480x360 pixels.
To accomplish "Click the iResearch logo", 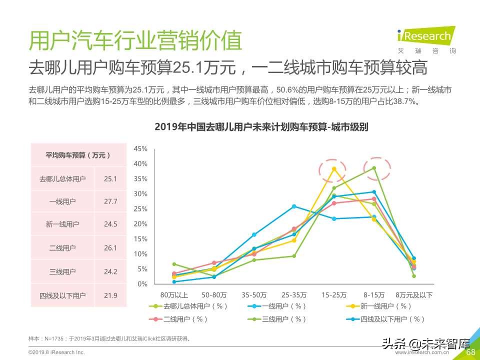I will pyautogui.click(x=425, y=36).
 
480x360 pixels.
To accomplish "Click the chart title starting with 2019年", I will pyautogui.click(x=261, y=126).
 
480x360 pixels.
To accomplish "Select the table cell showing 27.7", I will pyautogui.click(x=110, y=201).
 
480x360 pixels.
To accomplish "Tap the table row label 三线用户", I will pyautogui.click(x=62, y=272).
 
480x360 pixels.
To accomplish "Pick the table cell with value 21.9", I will pyautogui.click(x=110, y=295).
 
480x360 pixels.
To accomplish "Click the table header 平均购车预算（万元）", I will pyautogui.click(x=78, y=155).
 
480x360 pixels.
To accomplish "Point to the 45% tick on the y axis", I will pyautogui.click(x=140, y=149).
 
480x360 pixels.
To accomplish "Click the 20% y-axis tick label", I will pyautogui.click(x=140, y=224).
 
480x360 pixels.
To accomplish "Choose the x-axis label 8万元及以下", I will pyautogui.click(x=414, y=294).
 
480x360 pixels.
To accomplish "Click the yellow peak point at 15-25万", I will pyautogui.click(x=334, y=169).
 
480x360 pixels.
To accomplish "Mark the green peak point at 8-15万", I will pyautogui.click(x=373, y=168).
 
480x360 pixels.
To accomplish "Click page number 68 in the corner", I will pyautogui.click(x=470, y=352).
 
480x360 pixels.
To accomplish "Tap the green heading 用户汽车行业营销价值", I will pyautogui.click(x=135, y=41).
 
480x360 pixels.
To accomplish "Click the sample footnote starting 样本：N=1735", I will pyautogui.click(x=109, y=339).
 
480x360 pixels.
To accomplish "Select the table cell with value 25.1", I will pyautogui.click(x=110, y=178).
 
